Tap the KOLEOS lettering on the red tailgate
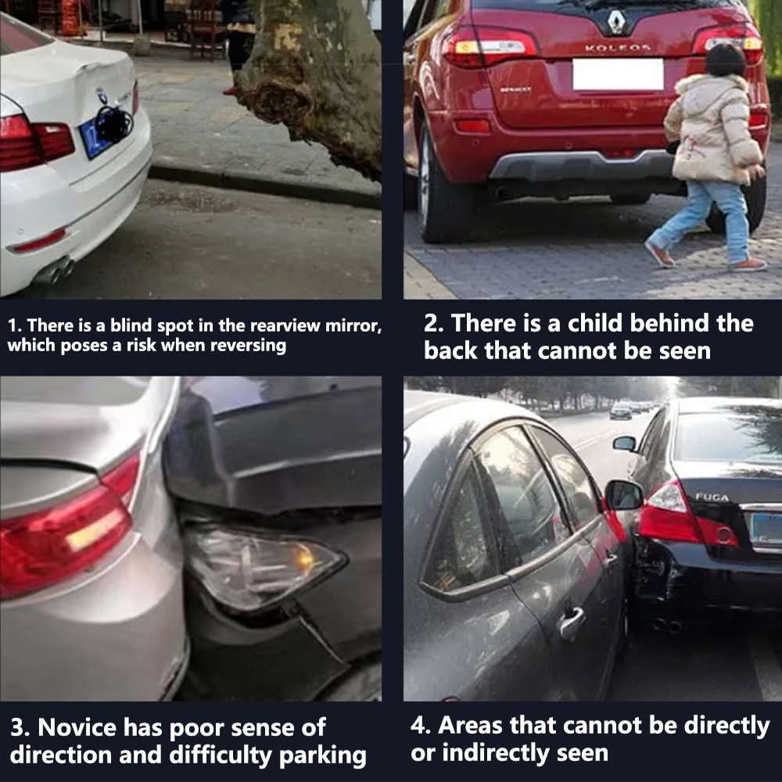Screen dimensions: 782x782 pos(618,48)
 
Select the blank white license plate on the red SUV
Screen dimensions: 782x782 pos(618,75)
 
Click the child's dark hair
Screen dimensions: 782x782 pos(726,60)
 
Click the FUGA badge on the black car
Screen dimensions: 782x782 pos(712,497)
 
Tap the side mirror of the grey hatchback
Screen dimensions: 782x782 pos(623,495)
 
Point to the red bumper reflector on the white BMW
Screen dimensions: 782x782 pos(40,242)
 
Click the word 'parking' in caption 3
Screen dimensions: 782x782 pos(322,756)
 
